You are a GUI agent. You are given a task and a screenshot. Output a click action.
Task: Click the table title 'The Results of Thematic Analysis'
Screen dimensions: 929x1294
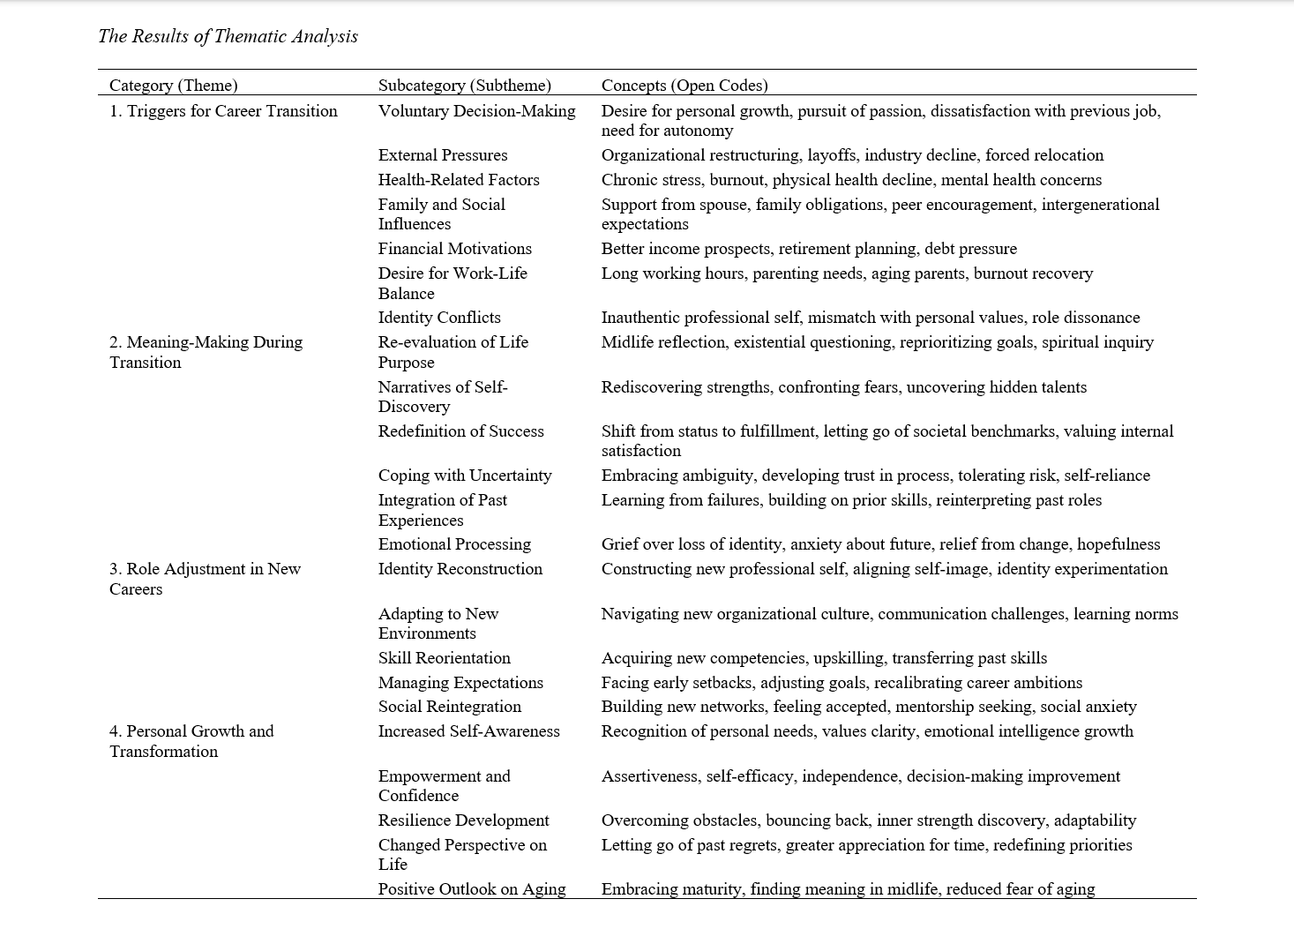(x=228, y=36)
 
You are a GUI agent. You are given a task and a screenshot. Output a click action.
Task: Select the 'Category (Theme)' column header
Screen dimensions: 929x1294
(x=173, y=86)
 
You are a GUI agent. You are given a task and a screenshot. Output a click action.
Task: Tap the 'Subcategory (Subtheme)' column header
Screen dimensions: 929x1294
(x=464, y=86)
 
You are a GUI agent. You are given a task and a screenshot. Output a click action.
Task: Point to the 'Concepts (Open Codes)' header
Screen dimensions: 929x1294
(x=684, y=86)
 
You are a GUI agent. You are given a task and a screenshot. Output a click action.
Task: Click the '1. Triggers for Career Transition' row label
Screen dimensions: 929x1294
(x=223, y=111)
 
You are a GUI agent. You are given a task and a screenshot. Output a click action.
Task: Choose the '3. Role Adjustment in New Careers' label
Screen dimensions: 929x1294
(x=205, y=579)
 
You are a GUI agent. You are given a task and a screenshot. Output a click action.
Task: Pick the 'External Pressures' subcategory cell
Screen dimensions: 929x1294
(x=442, y=155)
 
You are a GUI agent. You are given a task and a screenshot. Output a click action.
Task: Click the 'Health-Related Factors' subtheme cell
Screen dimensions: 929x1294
(x=458, y=180)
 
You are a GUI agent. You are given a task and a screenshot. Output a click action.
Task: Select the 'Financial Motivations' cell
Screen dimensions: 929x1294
(x=454, y=249)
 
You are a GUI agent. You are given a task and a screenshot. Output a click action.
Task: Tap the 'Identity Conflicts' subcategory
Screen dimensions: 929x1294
(x=438, y=318)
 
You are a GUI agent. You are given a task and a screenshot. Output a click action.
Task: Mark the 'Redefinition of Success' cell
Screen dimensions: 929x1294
(x=460, y=431)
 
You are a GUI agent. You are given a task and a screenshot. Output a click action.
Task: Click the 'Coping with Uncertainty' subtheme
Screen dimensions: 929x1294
(x=464, y=476)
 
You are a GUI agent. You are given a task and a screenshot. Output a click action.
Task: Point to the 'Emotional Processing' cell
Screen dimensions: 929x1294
(x=454, y=544)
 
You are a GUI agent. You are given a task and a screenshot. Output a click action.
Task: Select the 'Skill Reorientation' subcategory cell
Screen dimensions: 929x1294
(x=444, y=658)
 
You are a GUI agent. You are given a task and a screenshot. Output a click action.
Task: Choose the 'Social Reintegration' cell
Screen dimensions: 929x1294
(x=449, y=707)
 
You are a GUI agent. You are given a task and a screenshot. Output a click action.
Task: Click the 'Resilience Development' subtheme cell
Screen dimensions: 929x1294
(x=463, y=820)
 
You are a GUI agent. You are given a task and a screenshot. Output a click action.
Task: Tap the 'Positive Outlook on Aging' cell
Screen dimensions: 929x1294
(x=471, y=889)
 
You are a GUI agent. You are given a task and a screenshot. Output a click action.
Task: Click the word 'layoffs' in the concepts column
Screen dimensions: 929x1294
(x=831, y=155)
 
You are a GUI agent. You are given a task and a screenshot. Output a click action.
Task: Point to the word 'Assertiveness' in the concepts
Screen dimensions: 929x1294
(x=649, y=776)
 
